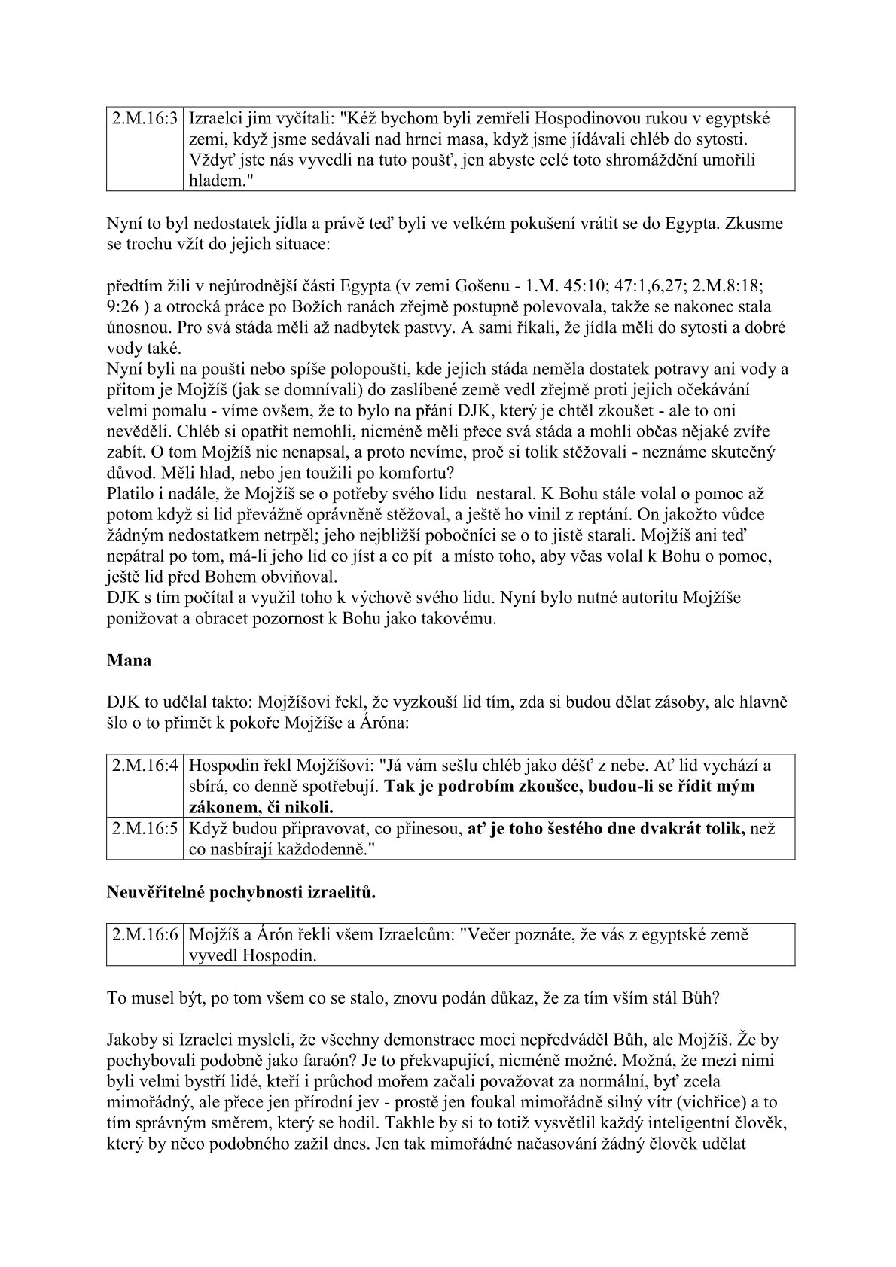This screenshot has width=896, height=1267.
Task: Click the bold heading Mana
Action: click(130, 660)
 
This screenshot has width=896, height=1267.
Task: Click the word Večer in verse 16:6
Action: click(490, 934)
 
